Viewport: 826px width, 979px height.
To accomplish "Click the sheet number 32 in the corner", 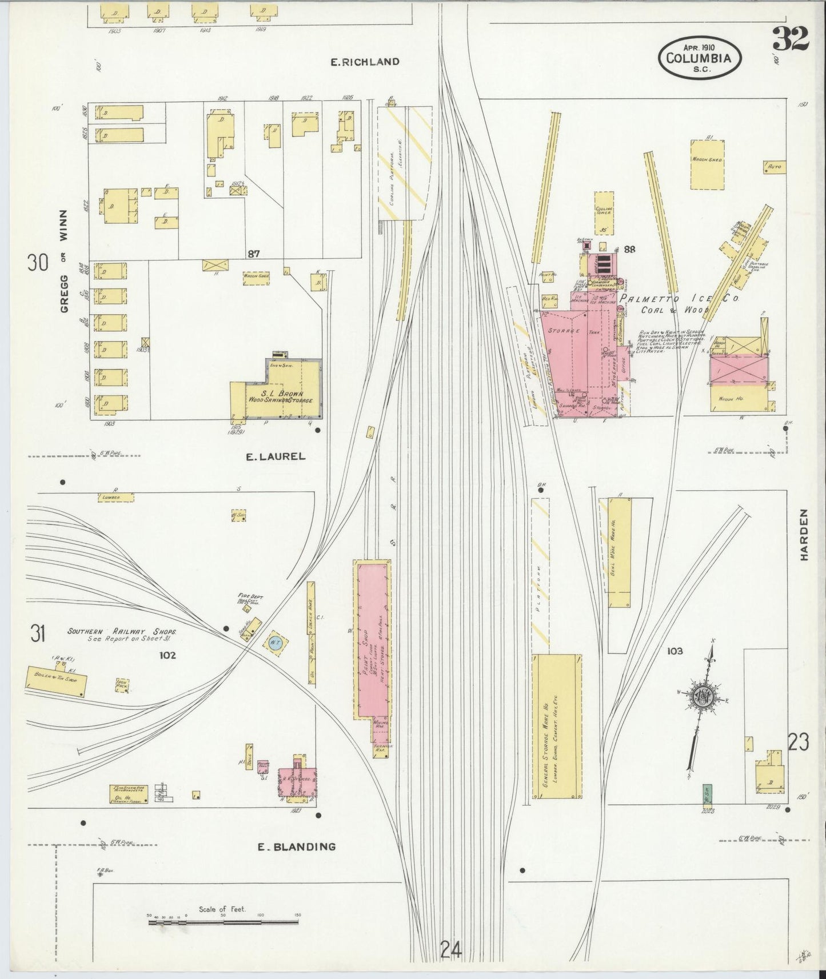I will [x=791, y=39].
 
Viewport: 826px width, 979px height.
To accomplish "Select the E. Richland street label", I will [x=365, y=62].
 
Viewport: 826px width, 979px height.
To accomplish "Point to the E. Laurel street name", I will [x=276, y=456].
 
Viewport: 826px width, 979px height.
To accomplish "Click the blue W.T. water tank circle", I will [x=276, y=642].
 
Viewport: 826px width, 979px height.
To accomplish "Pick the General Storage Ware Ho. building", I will [x=557, y=725].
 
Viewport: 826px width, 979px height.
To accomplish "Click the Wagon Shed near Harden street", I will [x=707, y=164].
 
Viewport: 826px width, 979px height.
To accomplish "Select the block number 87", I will [x=254, y=254].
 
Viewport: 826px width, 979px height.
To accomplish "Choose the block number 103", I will [x=675, y=651].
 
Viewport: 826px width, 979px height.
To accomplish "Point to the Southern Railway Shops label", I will [x=122, y=632].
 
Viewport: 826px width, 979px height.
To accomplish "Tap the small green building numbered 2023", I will [x=707, y=794].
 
